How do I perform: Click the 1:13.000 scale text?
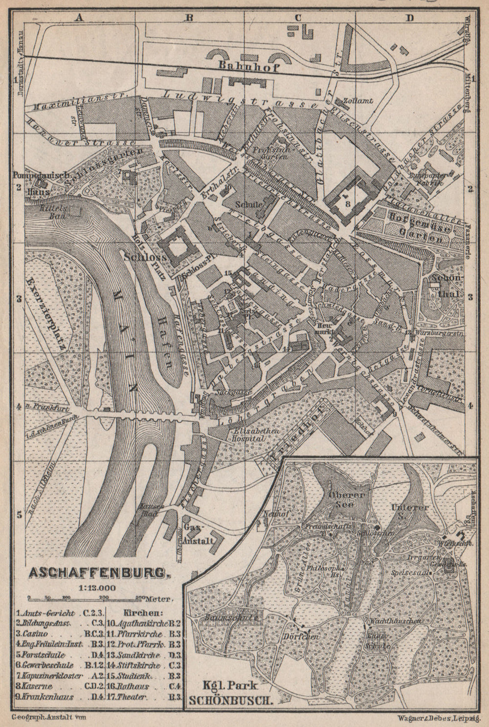pos(95,587)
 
